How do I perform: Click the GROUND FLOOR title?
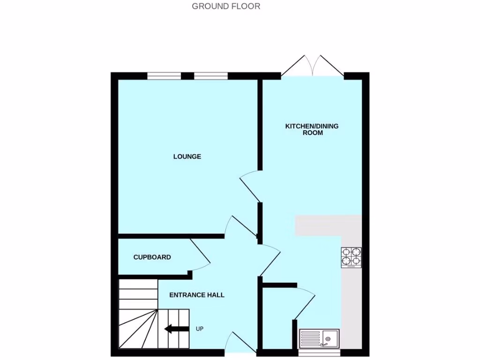pyautogui.click(x=226, y=6)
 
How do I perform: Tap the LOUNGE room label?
pyautogui.click(x=187, y=157)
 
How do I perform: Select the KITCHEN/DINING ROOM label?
pyautogui.click(x=312, y=129)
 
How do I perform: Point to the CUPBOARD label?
pyautogui.click(x=152, y=257)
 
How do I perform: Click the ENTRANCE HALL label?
pyautogui.click(x=196, y=295)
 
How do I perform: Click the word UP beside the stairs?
pyautogui.click(x=199, y=329)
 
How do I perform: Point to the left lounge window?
pyautogui.click(x=164, y=76)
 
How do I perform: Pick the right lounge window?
pyautogui.click(x=211, y=76)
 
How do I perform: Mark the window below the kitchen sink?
pyautogui.click(x=319, y=352)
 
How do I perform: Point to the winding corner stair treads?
pyautogui.click(x=137, y=328)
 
